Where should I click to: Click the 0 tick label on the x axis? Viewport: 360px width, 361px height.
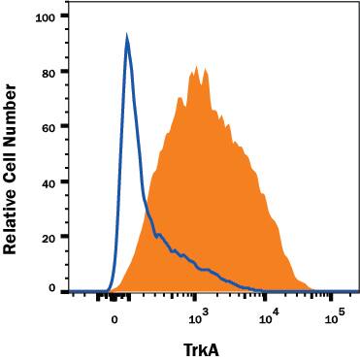tap(115, 318)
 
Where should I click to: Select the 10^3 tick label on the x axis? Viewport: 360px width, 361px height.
tap(198, 316)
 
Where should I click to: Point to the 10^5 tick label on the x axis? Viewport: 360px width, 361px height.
tap(335, 316)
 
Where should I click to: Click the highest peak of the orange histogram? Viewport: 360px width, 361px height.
tap(196, 66)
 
